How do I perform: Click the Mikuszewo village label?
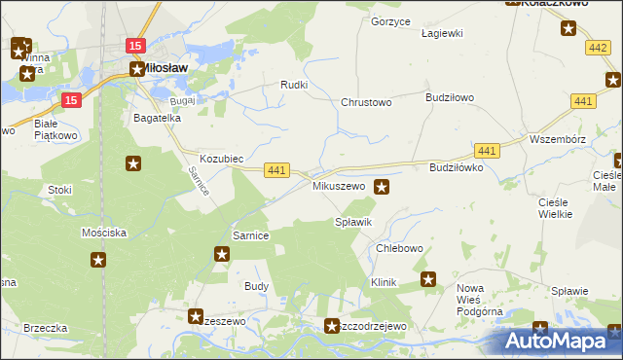pos(338,185)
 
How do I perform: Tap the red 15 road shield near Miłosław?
pos(135,46)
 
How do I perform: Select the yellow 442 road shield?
pos(598,48)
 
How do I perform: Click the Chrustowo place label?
pos(365,102)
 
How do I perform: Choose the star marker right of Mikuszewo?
pos(383,187)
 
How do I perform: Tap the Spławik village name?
pos(353,223)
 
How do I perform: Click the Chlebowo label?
pos(399,248)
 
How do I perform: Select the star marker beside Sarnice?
pos(222,255)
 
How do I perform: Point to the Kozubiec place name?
pos(221,158)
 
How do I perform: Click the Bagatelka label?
pos(158,118)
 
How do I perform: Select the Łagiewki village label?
pos(441,32)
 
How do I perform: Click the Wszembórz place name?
pos(556,138)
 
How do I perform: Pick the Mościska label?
pos(104,234)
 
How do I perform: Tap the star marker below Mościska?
pos(98,260)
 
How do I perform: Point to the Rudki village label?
pos(294,86)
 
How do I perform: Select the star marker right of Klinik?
pos(428,280)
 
